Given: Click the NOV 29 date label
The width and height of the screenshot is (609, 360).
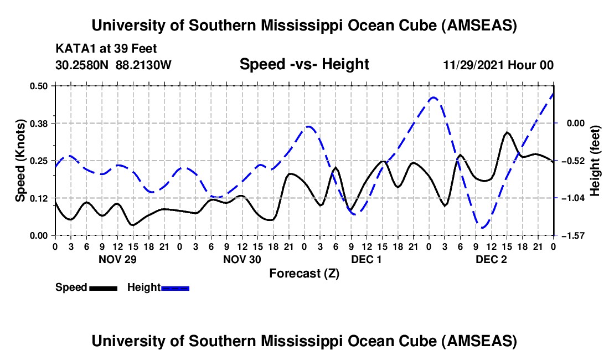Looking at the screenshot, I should (x=117, y=259).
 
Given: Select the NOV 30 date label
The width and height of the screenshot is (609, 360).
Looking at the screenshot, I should (x=242, y=259).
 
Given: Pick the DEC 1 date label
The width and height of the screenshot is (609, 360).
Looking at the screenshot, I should (x=367, y=259).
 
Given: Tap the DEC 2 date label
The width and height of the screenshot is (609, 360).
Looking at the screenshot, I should (x=491, y=259).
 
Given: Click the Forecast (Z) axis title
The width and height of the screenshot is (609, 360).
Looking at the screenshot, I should (x=304, y=273).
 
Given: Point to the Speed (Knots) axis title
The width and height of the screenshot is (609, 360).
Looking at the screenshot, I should (x=20, y=161).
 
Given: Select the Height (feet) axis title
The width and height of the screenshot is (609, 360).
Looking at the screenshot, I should (x=596, y=161).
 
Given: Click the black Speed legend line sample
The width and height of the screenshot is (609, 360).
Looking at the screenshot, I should (x=102, y=288).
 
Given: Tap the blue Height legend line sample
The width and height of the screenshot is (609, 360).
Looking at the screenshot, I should (x=175, y=288).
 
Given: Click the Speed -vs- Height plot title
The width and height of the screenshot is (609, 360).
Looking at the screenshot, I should (x=304, y=65).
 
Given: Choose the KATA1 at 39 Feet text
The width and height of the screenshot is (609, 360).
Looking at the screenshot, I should (x=99, y=48).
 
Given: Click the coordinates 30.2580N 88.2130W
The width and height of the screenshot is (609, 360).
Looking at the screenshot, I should (x=113, y=65).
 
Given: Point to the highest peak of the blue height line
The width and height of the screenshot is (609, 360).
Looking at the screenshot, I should (x=433, y=97).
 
